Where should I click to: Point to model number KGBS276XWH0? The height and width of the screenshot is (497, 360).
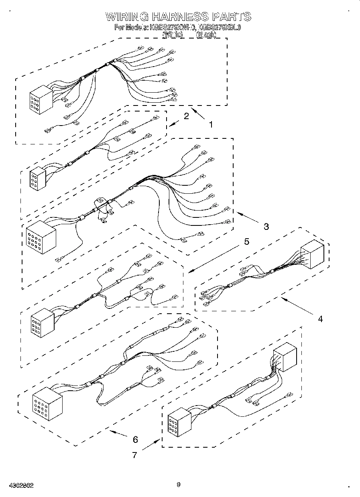pyautogui.click(x=172, y=28)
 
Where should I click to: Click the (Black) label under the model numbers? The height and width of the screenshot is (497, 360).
pyautogui.click(x=206, y=35)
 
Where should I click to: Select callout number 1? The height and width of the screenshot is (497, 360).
pyautogui.click(x=211, y=125)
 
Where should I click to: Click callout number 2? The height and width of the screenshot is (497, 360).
pyautogui.click(x=186, y=116)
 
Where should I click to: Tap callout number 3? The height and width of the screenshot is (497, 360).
pyautogui.click(x=266, y=226)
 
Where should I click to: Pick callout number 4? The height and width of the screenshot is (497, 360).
pyautogui.click(x=320, y=319)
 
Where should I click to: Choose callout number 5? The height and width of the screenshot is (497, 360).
pyautogui.click(x=246, y=241)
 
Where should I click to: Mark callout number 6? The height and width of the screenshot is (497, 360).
pyautogui.click(x=135, y=439)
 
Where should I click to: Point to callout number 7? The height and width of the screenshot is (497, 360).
pyautogui.click(x=134, y=455)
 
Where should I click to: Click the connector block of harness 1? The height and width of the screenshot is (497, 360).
pyautogui.click(x=41, y=99)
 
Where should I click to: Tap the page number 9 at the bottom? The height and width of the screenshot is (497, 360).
pyautogui.click(x=179, y=485)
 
